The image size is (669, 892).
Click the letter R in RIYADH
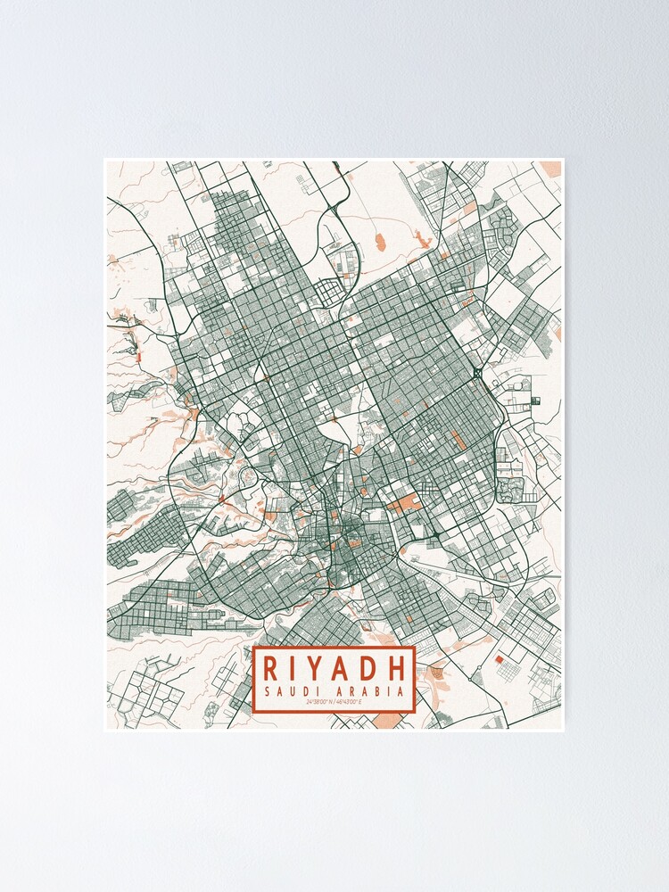(268, 667)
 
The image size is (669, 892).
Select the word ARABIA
(371, 691)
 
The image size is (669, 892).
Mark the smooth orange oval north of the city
(378, 240)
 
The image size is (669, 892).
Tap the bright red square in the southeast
(499, 659)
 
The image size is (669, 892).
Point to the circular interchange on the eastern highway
(479, 372)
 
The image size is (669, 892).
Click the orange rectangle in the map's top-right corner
(552, 169)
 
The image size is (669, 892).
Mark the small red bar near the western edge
(139, 356)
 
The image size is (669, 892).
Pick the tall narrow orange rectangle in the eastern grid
(458, 440)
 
